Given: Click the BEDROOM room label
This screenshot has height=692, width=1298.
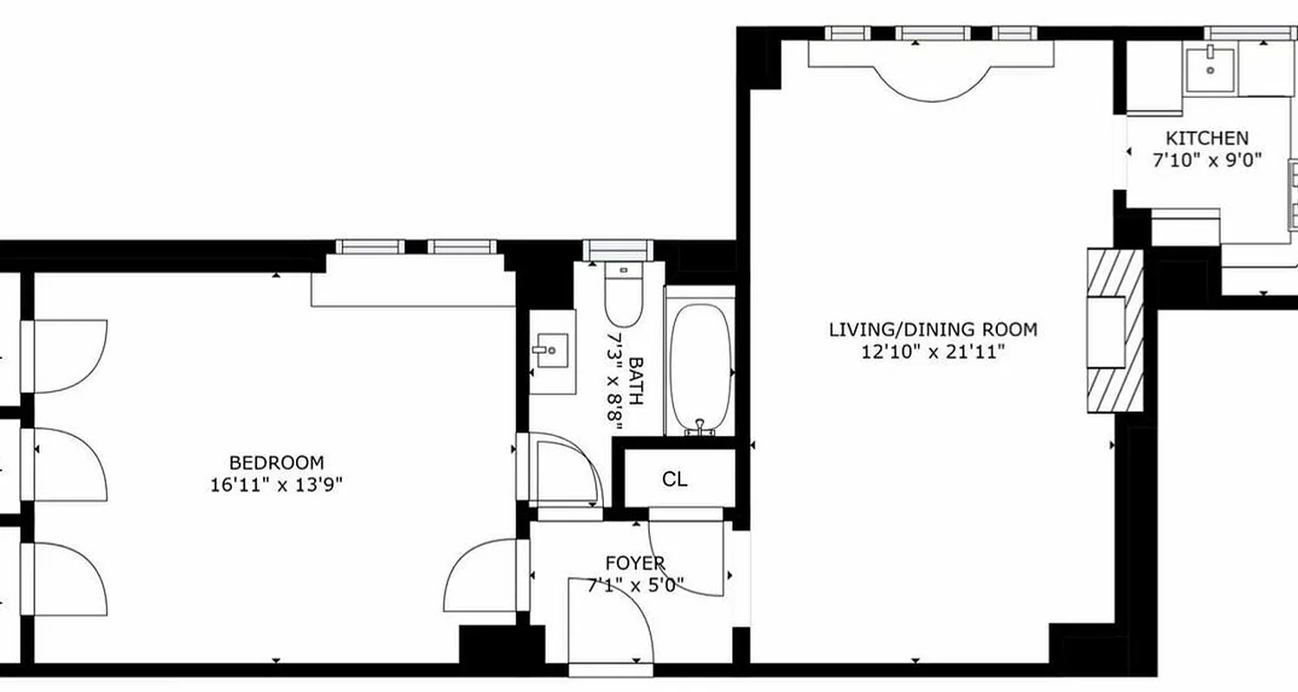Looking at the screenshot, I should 276,462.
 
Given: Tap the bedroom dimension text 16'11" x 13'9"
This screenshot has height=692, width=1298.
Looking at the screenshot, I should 276,484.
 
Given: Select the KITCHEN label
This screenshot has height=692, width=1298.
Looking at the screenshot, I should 1206,138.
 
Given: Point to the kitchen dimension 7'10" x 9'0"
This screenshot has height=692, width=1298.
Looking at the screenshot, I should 1206,160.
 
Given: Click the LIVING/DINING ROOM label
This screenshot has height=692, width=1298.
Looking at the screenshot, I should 932,330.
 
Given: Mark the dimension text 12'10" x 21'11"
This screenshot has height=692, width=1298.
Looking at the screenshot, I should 932,352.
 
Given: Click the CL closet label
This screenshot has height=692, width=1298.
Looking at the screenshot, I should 675,479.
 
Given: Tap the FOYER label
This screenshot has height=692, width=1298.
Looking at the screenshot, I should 635,564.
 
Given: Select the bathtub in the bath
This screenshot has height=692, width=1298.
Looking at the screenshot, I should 699,367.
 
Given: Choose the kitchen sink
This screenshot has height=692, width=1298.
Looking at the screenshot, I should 1210,65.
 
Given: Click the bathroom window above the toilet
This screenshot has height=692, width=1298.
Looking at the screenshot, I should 616,249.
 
